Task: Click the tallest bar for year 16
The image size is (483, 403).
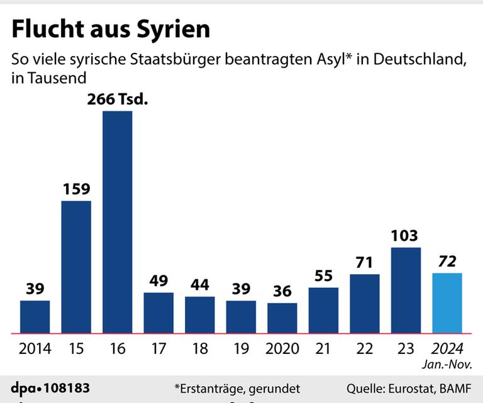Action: pos(117,222)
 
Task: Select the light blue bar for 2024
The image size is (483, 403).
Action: pos(447,302)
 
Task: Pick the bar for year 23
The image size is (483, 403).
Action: pos(406,290)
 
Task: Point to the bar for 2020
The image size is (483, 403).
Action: pos(282,317)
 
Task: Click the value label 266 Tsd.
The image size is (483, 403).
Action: pos(117,99)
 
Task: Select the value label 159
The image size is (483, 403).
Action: pos(76,189)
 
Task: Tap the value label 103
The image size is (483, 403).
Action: pos(406,236)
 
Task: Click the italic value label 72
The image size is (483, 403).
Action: pos(447,261)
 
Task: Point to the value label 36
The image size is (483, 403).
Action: pos(282,292)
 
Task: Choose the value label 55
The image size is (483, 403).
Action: pos(323,275)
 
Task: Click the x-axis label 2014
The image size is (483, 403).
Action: pos(35,348)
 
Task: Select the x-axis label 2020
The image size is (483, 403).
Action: pos(282,348)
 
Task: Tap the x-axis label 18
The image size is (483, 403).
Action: pos(199,348)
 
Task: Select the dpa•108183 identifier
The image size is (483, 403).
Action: pos(50,387)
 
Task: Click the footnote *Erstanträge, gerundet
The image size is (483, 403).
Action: pos(237,388)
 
